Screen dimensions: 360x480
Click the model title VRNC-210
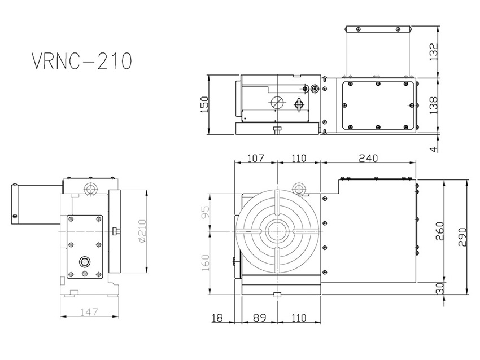(x=82, y=61)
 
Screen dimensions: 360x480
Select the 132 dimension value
(x=434, y=52)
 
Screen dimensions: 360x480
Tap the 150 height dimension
(x=204, y=104)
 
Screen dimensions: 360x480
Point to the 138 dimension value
(x=434, y=106)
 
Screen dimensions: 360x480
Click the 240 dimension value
(x=368, y=159)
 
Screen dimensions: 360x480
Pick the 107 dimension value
(x=255, y=159)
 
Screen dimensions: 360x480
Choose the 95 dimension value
(x=204, y=213)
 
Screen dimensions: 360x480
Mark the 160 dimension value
(x=204, y=262)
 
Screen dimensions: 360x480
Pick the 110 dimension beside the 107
(x=299, y=159)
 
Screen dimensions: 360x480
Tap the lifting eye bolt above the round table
(x=299, y=188)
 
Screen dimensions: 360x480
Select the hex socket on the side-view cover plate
(x=84, y=261)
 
